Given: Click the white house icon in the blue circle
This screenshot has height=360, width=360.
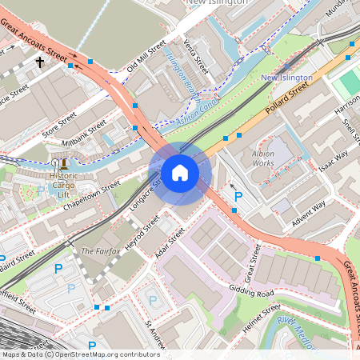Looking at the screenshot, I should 180,173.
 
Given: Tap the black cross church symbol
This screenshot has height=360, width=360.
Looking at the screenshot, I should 39,61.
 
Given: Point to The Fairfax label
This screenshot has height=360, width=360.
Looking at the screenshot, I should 101,251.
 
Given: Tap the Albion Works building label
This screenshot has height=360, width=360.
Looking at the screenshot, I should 262,158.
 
